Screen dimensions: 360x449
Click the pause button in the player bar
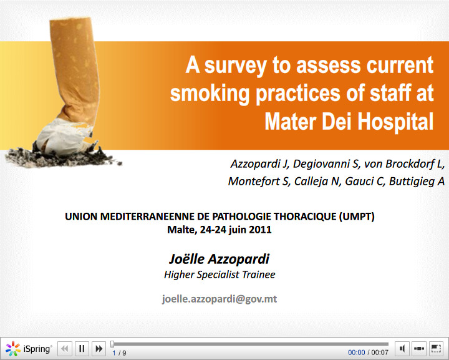click(82, 349)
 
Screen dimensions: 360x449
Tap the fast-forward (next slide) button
click(99, 349)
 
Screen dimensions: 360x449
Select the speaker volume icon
click(403, 349)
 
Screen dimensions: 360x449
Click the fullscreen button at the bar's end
click(436, 349)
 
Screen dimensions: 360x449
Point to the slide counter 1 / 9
click(119, 353)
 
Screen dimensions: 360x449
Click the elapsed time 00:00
click(357, 353)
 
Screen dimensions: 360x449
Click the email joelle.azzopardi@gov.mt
click(220, 299)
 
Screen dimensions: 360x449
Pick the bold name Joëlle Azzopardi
click(220, 259)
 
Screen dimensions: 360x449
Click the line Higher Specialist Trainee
click(220, 275)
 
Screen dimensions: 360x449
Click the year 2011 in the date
click(261, 229)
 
